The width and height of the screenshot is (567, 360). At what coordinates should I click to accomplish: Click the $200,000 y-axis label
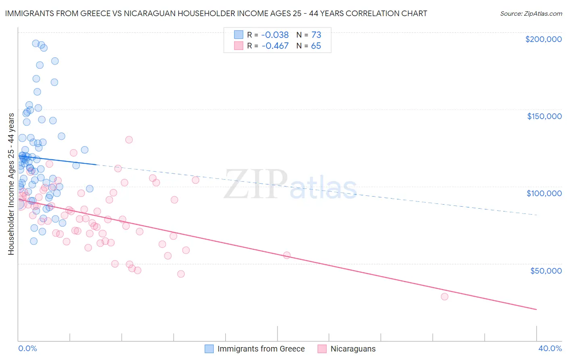point(543,39)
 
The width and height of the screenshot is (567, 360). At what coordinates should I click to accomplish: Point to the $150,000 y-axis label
point(544,116)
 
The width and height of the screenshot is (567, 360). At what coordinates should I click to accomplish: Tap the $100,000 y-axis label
point(544,193)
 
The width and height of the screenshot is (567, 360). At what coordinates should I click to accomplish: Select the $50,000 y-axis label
point(546,270)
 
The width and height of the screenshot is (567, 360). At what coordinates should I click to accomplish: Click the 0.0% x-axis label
point(27,348)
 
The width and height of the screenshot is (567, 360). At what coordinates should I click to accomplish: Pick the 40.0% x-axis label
point(550,348)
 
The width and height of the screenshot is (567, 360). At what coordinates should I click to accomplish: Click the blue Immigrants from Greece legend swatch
point(209,349)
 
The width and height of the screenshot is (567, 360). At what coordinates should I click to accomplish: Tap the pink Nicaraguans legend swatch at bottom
point(322,349)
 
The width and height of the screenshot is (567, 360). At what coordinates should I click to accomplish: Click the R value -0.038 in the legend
point(275,35)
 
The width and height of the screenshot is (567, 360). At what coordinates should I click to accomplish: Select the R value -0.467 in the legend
point(275,46)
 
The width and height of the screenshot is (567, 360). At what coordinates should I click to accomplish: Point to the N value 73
point(316,35)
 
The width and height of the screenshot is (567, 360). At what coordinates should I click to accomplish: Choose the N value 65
point(316,46)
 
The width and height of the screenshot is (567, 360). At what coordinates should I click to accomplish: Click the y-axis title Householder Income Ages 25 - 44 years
point(11,184)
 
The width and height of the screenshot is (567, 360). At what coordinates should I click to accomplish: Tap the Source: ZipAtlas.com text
point(531,13)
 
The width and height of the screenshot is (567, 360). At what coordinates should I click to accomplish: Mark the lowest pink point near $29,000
point(444,297)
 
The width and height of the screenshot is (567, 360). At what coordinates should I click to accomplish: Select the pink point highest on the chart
point(129,140)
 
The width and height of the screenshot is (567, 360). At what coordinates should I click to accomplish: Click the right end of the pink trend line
point(536,310)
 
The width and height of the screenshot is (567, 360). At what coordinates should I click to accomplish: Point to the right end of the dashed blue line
point(536,215)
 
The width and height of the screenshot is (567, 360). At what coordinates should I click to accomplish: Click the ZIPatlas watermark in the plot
point(290,185)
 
